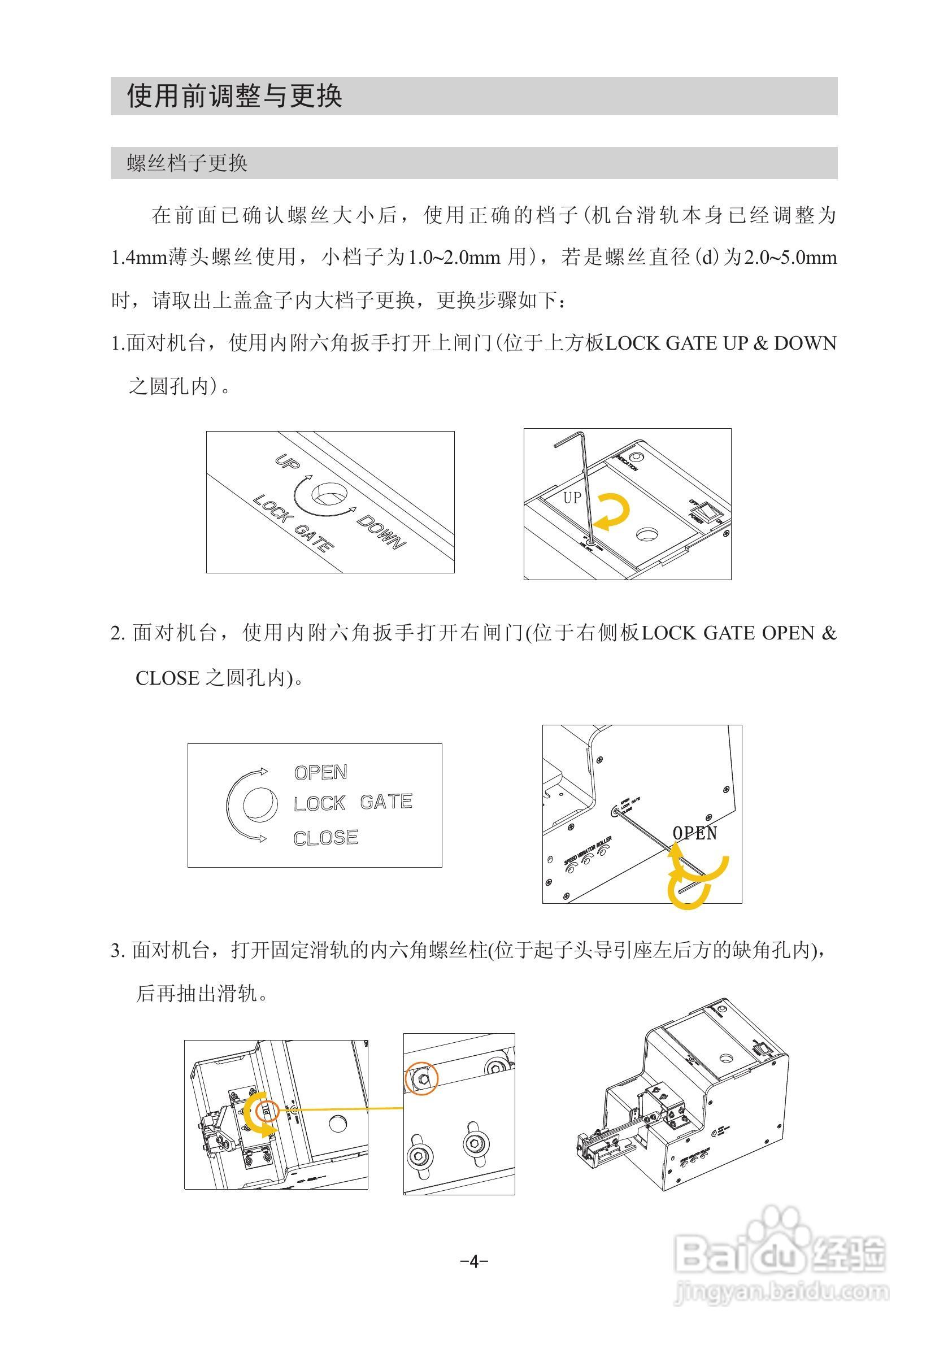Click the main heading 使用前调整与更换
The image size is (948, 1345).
234,95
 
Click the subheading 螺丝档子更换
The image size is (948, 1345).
187,163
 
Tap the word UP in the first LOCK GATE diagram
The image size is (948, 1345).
288,462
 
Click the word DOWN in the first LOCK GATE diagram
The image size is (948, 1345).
381,532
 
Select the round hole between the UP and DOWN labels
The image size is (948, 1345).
329,494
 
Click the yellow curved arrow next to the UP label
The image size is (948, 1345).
613,511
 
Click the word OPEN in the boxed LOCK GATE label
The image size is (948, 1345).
320,772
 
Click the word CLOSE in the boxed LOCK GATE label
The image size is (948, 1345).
326,838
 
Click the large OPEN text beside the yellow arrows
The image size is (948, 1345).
694,833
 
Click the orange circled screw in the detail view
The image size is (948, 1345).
422,1077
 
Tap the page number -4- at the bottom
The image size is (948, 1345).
474,1261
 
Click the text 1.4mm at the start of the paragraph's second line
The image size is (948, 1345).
139,257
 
